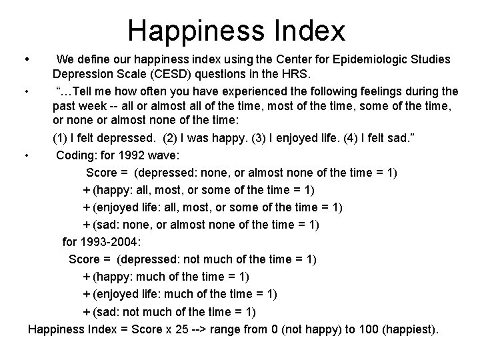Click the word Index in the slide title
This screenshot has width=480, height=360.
coord(311,31)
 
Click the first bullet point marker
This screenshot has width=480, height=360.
coord(25,59)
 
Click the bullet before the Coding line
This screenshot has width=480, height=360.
coord(25,156)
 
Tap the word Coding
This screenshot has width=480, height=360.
coord(77,156)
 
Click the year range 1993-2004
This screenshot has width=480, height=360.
coord(115,241)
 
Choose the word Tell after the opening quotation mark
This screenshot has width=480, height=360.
coord(93,91)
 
